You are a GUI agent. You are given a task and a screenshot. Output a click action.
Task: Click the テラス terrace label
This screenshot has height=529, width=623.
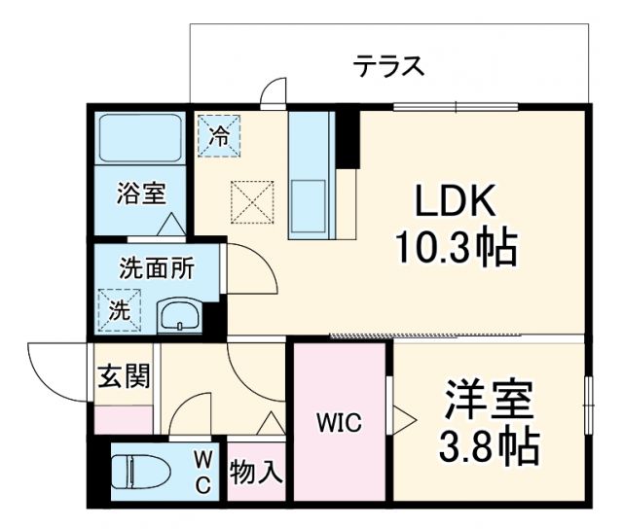pyautogui.click(x=388, y=66)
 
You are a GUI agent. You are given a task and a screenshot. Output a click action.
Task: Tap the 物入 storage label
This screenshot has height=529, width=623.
pyautogui.click(x=256, y=473)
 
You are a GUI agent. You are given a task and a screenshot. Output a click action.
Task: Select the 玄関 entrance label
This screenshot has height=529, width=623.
pyautogui.click(x=124, y=376)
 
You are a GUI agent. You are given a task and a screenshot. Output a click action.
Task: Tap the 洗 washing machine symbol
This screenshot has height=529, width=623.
pyautogui.click(x=117, y=312)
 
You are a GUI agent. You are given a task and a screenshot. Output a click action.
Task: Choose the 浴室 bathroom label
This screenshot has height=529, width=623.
pyautogui.click(x=141, y=193)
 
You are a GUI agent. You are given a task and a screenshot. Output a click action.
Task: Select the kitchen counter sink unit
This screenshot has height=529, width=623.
pyautogui.click(x=312, y=175)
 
